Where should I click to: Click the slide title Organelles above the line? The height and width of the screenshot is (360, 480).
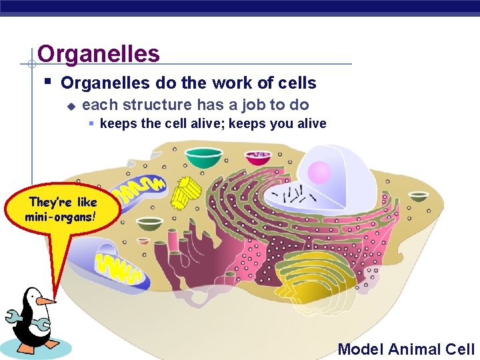[x=99, y=53]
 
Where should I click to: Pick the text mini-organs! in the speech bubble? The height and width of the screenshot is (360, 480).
[x=61, y=217]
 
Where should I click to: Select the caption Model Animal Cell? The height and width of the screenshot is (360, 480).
[x=406, y=349]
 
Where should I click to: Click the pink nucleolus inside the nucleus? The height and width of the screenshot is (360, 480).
[x=319, y=173]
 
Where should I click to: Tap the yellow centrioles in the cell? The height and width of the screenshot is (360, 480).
[x=186, y=191]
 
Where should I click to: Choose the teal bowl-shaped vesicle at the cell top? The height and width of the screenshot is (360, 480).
[x=204, y=157]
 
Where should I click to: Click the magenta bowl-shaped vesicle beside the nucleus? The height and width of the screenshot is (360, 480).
[x=258, y=157]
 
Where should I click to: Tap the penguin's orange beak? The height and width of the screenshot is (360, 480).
[x=45, y=302]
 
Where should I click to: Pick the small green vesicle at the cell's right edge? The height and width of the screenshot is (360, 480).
[x=419, y=196]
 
